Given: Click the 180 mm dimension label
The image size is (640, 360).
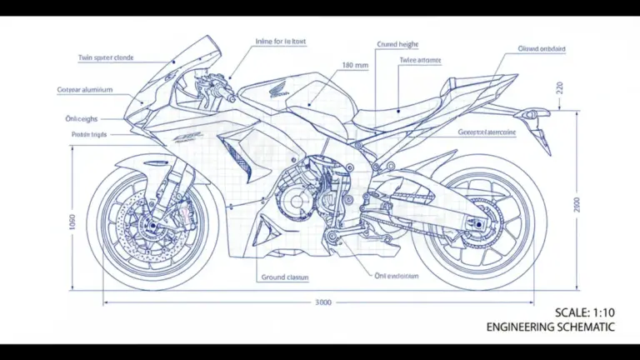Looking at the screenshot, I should tap(355, 64).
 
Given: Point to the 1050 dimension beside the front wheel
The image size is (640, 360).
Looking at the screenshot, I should tap(72, 222).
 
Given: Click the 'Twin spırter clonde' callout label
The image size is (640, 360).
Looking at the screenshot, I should tap(106, 58).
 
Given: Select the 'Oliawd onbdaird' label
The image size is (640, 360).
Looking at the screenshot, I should tap(542, 49).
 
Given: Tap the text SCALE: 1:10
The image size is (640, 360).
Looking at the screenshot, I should tap(585, 312).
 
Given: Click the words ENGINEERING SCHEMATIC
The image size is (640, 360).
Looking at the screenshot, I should tap(551, 327).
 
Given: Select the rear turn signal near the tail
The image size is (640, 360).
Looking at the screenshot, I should tap(539, 134).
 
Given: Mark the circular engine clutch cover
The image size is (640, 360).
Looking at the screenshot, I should tap(292, 200).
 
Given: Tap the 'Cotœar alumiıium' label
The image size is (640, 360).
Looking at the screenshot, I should tap(85, 89).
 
